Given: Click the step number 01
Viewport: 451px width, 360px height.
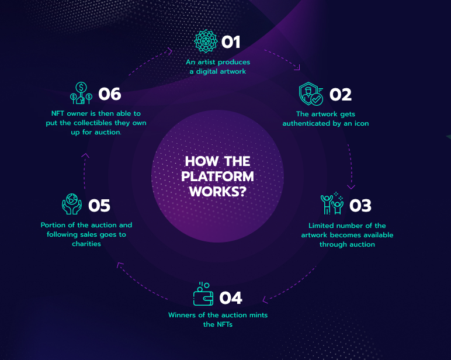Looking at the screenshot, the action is point(231,42).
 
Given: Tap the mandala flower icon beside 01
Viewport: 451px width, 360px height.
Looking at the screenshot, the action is point(206,41).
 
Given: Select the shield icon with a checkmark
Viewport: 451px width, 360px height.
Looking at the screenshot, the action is point(311,94).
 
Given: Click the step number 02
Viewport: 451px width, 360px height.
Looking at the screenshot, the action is point(341,95).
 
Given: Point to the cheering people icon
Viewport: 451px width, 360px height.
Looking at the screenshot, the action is point(332,203).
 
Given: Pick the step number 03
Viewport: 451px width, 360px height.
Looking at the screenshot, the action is point(360,206).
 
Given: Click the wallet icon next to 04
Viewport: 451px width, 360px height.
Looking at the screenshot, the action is point(203,294).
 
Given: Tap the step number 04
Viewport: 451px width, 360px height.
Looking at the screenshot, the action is point(231,298).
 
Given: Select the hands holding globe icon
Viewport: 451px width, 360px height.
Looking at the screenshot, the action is point(72,204).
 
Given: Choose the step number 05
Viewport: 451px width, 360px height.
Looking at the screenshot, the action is point(99,206).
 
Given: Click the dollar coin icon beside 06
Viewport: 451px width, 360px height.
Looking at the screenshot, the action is point(81,93).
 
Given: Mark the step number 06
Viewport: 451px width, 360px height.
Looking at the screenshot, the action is point(110,94).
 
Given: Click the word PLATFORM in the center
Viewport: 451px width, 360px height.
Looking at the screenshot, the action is point(217,176).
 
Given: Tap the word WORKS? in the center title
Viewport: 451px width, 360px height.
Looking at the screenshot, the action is point(218,192).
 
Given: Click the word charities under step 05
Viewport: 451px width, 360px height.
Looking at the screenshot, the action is point(86,244).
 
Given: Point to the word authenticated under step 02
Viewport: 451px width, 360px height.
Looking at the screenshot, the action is point(306,123).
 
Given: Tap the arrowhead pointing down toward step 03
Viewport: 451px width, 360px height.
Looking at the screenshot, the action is point(351,187).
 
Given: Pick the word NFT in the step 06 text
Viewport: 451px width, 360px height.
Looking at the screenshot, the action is point(58,113).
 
